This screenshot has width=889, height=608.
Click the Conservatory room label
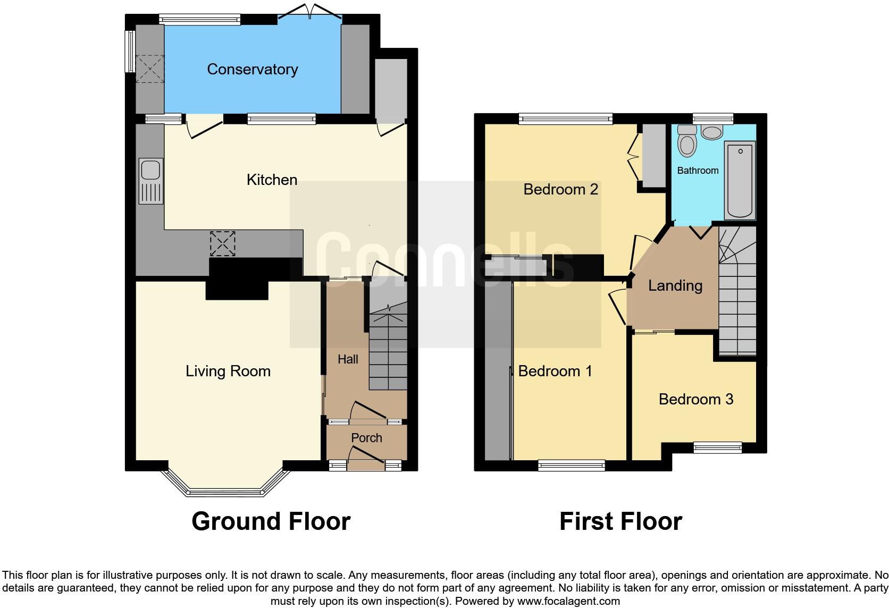[x=252, y=69]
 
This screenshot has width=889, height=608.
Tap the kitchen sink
[x=150, y=181]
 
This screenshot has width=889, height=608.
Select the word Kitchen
[x=272, y=180]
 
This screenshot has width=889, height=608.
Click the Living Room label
[x=228, y=371]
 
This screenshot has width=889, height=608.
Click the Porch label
[x=366, y=437]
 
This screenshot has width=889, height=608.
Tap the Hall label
[x=348, y=359]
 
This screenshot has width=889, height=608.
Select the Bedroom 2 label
[x=560, y=189]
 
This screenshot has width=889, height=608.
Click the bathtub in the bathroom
[x=740, y=180]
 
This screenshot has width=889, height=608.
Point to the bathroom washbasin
[x=711, y=131]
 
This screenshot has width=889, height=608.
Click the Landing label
[x=675, y=286]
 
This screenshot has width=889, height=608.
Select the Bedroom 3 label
[x=695, y=399]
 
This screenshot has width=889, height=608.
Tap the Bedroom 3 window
[x=718, y=448]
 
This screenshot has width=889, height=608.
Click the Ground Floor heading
[x=271, y=521]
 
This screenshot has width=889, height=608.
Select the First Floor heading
[x=620, y=521]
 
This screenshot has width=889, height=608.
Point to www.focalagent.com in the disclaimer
[x=568, y=602]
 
